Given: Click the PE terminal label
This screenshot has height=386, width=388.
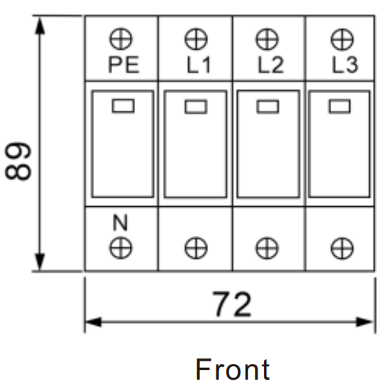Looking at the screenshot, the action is click(123, 65).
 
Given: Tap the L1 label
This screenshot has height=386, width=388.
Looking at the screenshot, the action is click(198, 65).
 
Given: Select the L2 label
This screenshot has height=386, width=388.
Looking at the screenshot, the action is click(270, 65).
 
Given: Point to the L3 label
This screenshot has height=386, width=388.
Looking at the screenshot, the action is click(345, 65).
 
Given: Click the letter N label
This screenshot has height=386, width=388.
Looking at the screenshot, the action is click(120, 223).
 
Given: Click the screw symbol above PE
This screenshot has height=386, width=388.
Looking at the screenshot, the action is click(121, 39).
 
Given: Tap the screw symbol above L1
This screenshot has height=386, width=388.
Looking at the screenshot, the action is click(196, 39).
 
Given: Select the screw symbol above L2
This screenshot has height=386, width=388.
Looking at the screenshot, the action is click(267, 39).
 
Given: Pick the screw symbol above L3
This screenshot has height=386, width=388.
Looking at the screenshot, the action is click(342, 39).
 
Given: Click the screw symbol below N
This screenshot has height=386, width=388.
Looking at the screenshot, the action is click(121, 248).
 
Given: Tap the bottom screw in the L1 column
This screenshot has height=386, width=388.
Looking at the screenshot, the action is click(196, 248).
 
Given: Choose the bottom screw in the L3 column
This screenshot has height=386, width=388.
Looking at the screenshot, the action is click(342, 248).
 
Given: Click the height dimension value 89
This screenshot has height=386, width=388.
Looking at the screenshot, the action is click(18, 161).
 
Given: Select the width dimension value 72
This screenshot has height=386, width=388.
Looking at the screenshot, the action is click(232, 304).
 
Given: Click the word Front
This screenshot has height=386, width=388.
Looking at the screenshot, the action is click(232, 369).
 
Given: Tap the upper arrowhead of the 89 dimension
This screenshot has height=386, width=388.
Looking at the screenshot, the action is click(40, 25).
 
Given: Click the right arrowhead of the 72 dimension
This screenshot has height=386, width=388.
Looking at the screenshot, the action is click(364, 322).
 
